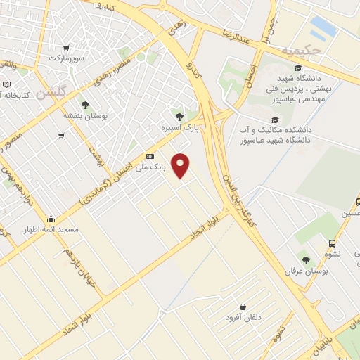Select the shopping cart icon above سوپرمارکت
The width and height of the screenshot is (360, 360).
coord(65,48)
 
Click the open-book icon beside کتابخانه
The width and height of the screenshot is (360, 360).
coord(6,84)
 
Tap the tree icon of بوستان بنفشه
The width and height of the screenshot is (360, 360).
coord(85,104)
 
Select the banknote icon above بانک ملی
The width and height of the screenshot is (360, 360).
coord(150,156)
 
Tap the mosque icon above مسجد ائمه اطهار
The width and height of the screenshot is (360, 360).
coord(51,219)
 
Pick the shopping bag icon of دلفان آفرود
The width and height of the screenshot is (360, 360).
coord(243,307)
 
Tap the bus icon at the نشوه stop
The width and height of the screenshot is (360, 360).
coord(332,243)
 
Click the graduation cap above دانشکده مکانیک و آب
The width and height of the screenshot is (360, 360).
coord(274,120)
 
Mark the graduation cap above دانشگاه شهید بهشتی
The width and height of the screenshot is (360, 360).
coord(298,68)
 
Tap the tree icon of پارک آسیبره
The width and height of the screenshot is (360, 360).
coord(180,117)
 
